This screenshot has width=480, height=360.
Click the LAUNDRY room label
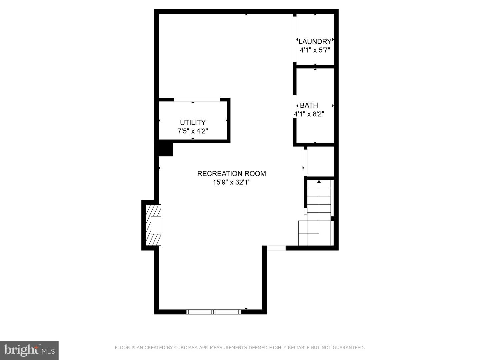pyautogui.click(x=315, y=41)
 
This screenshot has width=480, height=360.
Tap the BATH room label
pyautogui.click(x=309, y=105)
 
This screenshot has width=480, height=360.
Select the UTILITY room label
pyautogui.click(x=193, y=122)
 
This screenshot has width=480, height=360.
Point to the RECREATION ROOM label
pyautogui.click(x=232, y=174)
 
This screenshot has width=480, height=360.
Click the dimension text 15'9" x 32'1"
pyautogui.click(x=232, y=182)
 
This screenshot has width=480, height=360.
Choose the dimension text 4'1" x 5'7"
pyautogui.click(x=315, y=50)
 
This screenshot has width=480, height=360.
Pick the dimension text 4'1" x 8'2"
pyautogui.click(x=309, y=114)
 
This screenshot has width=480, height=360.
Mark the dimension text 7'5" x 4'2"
pyautogui.click(x=193, y=131)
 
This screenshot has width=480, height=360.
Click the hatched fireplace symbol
pyautogui.click(x=154, y=225)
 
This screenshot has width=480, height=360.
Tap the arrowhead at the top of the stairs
pyautogui.click(x=319, y=181)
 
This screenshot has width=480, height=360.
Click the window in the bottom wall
pyautogui.click(x=213, y=312)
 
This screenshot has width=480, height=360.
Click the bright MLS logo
pyautogui.click(x=29, y=350)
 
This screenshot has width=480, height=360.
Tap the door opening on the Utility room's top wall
pyautogui.click(x=197, y=100)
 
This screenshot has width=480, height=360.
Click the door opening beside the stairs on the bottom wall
pyautogui.click(x=276, y=248)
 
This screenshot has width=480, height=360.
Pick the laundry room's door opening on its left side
pyautogui.click(x=295, y=39)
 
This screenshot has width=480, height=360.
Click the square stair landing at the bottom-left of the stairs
pyautogui.click(x=303, y=233)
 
